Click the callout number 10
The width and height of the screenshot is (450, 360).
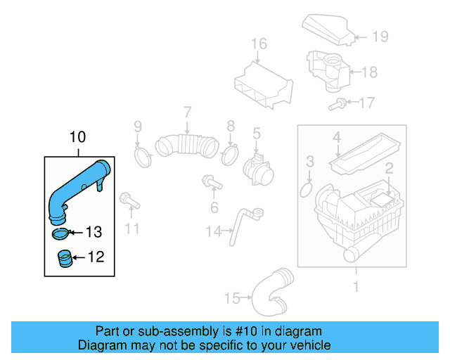click(x=77, y=136)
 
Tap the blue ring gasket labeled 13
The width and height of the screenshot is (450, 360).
click(x=62, y=233)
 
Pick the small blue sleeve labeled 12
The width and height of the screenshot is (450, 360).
click(x=63, y=259)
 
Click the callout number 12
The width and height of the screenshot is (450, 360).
click(x=95, y=257)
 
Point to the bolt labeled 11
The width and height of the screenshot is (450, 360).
click(x=129, y=201)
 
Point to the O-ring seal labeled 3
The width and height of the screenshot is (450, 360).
click(x=308, y=189)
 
